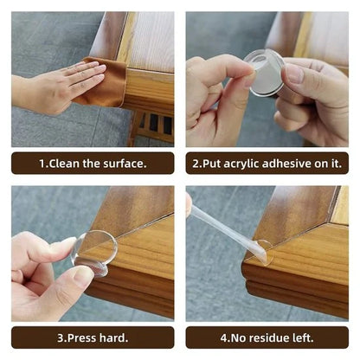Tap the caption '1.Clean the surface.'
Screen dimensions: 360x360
click(93, 163)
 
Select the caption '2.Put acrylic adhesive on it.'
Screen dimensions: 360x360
click(267, 163)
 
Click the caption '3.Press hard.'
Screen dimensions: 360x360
click(93, 337)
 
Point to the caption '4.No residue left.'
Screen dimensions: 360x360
click(267, 337)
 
